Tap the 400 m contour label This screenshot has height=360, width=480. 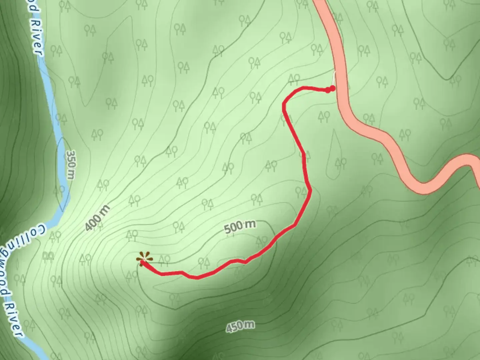pyautogui.click(x=97, y=218)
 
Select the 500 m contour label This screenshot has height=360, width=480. pyautogui.click(x=240, y=227)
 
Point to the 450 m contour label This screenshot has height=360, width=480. pyautogui.click(x=240, y=326)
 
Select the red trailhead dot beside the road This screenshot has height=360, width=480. pyautogui.click(x=332, y=88)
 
